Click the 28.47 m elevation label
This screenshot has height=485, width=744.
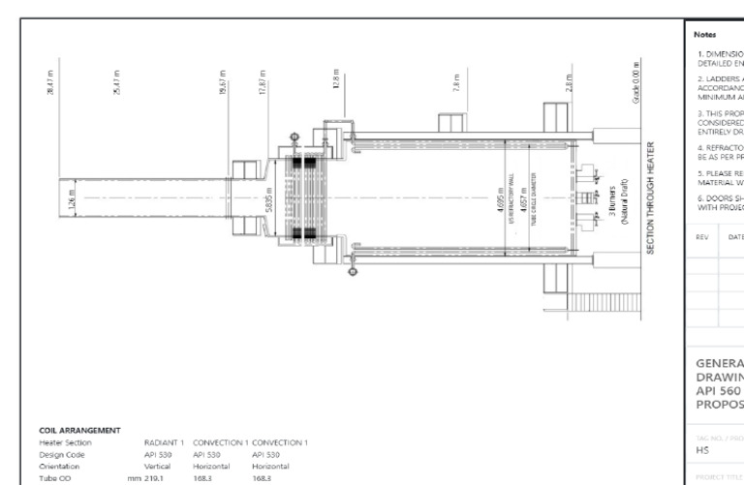point(48,75)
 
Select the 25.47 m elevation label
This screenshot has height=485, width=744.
point(115,75)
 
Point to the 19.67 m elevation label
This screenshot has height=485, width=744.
point(222,75)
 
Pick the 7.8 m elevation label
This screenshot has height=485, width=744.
point(454,76)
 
